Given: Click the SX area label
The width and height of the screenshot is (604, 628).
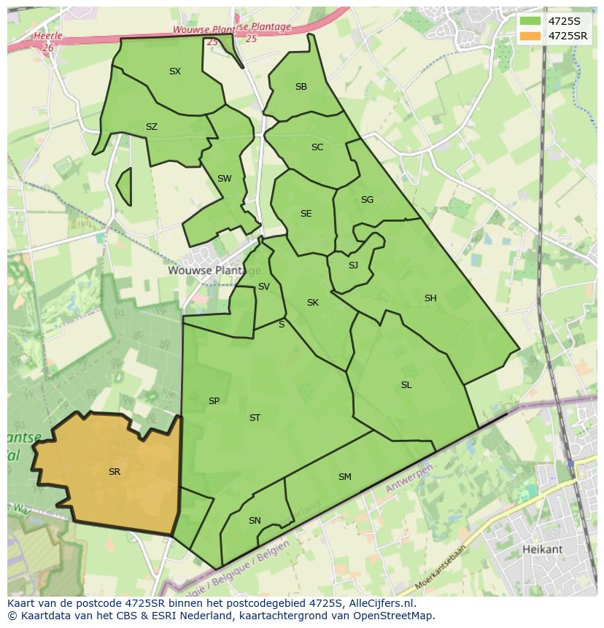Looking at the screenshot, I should tap(175, 71).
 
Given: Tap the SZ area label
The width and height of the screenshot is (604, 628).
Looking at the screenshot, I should tap(152, 127).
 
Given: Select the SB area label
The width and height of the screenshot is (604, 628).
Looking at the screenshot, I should tap(301, 87).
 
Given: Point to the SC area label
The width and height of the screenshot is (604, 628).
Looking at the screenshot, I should tap(317, 147).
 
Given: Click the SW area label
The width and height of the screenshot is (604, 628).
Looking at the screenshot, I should tap(224, 179).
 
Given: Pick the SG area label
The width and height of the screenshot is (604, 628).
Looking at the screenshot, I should tap(367, 200).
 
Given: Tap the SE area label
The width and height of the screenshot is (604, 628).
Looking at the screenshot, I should tap(306, 214).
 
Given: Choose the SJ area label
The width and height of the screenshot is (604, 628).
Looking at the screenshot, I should tap(353, 265).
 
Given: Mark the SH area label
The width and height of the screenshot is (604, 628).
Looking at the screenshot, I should tap(430, 298).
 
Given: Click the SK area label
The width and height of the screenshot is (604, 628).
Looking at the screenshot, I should tap(313, 303).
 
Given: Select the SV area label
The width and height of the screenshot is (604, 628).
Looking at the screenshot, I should tap(264, 287).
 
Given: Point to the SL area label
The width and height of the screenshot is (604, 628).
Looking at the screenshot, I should tap(406, 385).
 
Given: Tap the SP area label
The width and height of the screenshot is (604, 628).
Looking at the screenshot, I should tap(214, 401).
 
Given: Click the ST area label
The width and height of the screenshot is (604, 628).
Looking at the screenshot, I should tap(255, 418).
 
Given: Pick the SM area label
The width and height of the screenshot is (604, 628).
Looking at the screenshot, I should tap(345, 477).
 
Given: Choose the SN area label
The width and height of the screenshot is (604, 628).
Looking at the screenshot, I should tap(255, 521).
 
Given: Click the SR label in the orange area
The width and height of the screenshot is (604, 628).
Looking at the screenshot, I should tap(115, 472).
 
